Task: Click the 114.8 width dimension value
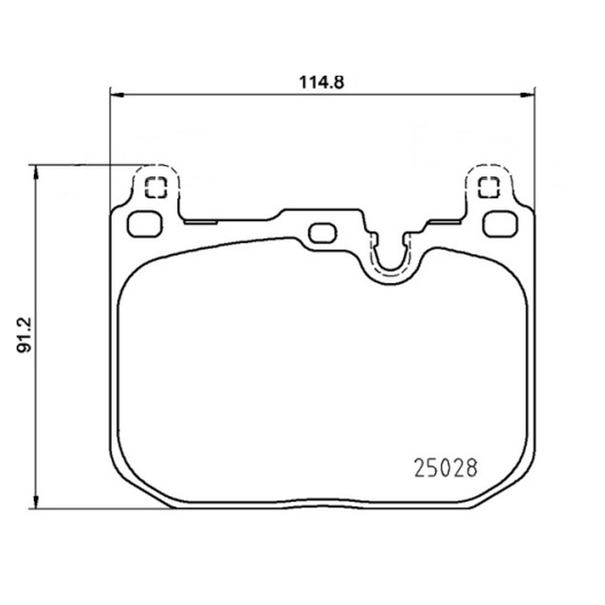(321, 82)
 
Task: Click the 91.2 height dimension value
(24, 334)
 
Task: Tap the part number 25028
(445, 468)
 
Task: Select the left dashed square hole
(156, 188)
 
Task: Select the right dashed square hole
(489, 188)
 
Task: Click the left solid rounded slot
(144, 224)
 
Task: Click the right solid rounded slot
(500, 224)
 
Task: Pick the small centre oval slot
(323, 233)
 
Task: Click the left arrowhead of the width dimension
(117, 95)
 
